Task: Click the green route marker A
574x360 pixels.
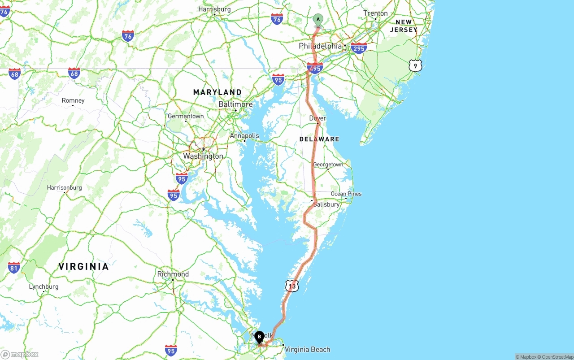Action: pos(317,20)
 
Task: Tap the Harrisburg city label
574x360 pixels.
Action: pos(214,9)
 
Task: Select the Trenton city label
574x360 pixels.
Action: pos(375,13)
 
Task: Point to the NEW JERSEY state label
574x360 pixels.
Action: pos(404,26)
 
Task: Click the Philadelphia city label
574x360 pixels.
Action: pos(320,46)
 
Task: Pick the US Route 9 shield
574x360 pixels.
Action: pos(415,66)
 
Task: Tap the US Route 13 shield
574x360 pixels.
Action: pos(292,286)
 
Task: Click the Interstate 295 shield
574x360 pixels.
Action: pos(359,48)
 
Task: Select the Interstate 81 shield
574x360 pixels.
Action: pos(14,268)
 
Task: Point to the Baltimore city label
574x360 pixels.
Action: pos(235,104)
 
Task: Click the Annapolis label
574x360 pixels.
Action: pos(244,136)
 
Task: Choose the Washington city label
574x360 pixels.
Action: pos(203,156)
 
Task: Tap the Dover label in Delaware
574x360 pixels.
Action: pos(317,118)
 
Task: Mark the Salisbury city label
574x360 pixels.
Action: pos(326,204)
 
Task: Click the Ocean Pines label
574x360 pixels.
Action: pos(346,194)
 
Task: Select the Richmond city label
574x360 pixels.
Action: pos(173,274)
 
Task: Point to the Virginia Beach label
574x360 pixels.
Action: pos(307,349)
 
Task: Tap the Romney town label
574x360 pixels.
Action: pos(73,100)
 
